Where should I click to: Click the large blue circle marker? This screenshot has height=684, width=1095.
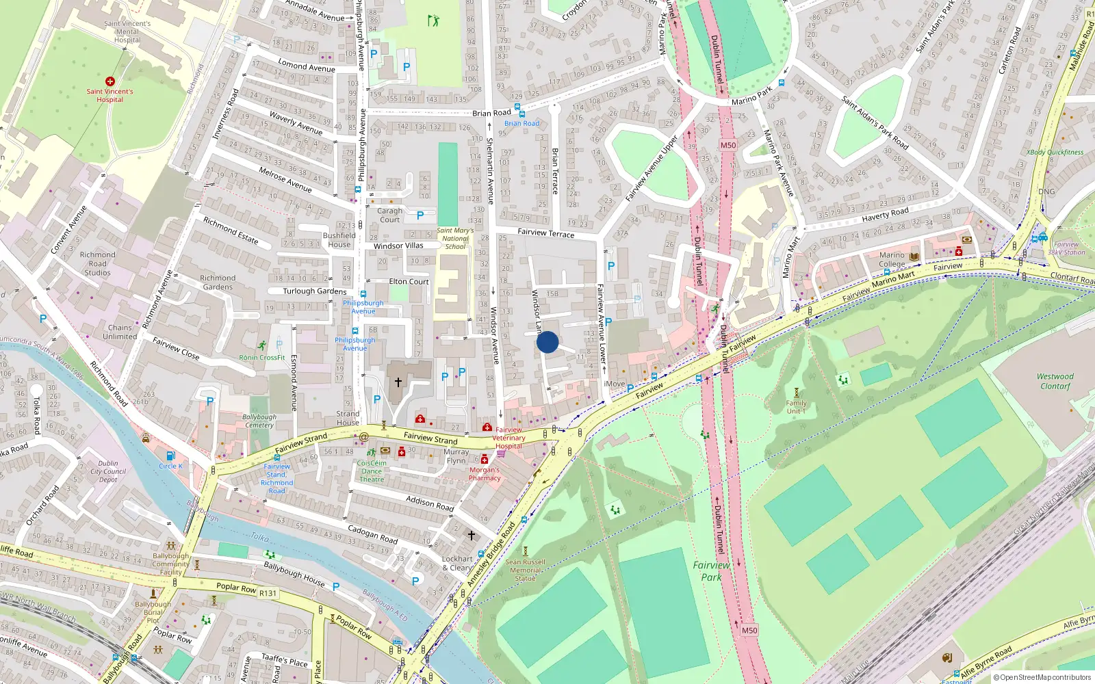pyautogui.click(x=547, y=342)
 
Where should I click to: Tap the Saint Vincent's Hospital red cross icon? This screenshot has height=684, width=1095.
pyautogui.click(x=109, y=81)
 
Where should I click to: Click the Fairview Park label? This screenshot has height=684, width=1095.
pyautogui.click(x=711, y=570)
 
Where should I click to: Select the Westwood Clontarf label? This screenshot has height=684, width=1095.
pyautogui.click(x=1055, y=381)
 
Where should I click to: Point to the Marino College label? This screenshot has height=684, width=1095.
pyautogui.click(x=892, y=259)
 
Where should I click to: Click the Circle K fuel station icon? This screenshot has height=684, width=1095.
pyautogui.click(x=170, y=456)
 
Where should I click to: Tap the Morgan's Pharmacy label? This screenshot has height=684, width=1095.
pyautogui.click(x=485, y=474)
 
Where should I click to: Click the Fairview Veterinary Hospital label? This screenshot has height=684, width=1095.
pyautogui.click(x=508, y=438)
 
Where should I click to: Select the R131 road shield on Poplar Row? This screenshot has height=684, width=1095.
pyautogui.click(x=268, y=593)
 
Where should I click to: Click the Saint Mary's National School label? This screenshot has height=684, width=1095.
pyautogui.click(x=455, y=239)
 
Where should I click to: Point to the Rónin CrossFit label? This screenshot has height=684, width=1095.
pyautogui.click(x=262, y=357)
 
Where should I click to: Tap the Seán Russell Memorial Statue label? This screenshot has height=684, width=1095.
pyautogui.click(x=526, y=570)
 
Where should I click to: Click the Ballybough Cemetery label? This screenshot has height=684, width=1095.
pyautogui.click(x=259, y=421)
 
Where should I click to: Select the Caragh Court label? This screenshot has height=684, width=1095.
pyautogui.click(x=389, y=215)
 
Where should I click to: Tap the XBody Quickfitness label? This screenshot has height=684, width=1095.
pyautogui.click(x=1055, y=153)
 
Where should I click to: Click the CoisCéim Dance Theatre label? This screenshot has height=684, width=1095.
pyautogui.click(x=372, y=471)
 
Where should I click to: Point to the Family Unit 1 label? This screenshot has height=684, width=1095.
pyautogui.click(x=796, y=407)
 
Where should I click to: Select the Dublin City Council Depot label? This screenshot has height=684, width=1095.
pyautogui.click(x=108, y=471)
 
